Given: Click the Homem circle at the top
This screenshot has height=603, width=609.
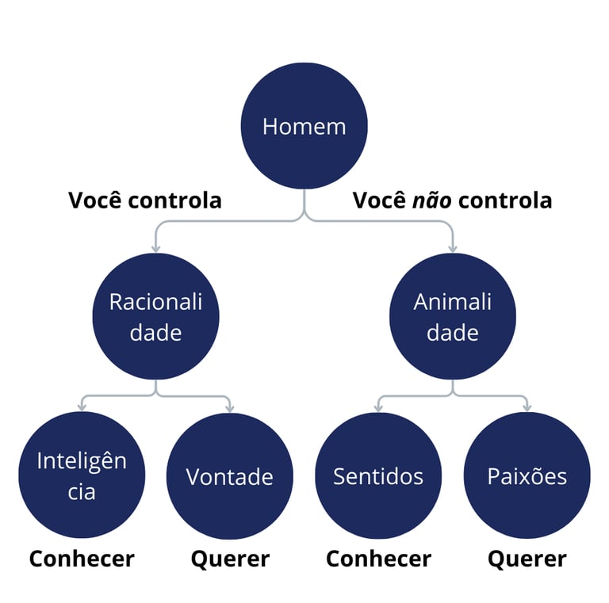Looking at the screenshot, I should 304,126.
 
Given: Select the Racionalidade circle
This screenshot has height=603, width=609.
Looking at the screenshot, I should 155,317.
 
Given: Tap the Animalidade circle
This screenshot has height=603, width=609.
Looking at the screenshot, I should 452,317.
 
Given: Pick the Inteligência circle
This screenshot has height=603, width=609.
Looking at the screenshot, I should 82,475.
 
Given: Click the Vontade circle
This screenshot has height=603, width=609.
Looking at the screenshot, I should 229,475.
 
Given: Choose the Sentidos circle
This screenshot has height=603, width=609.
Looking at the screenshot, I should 378,475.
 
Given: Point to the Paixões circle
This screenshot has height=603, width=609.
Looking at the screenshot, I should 527,475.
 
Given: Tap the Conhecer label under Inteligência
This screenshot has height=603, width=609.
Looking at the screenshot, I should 82,559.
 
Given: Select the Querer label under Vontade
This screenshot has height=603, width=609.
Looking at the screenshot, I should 230,559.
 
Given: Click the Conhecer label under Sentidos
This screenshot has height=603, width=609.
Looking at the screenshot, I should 378,559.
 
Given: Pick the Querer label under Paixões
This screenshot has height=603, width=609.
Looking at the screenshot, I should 527,559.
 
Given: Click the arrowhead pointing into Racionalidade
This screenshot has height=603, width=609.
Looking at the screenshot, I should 155,248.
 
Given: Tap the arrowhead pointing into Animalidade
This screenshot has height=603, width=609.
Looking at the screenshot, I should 452,248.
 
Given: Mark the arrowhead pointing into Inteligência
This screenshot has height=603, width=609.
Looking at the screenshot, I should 82,407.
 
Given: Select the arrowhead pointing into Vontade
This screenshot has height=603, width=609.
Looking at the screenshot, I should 230,407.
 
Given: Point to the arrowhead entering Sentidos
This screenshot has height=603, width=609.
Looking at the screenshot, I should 378,407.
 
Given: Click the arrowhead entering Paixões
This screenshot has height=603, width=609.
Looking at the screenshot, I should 527,407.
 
